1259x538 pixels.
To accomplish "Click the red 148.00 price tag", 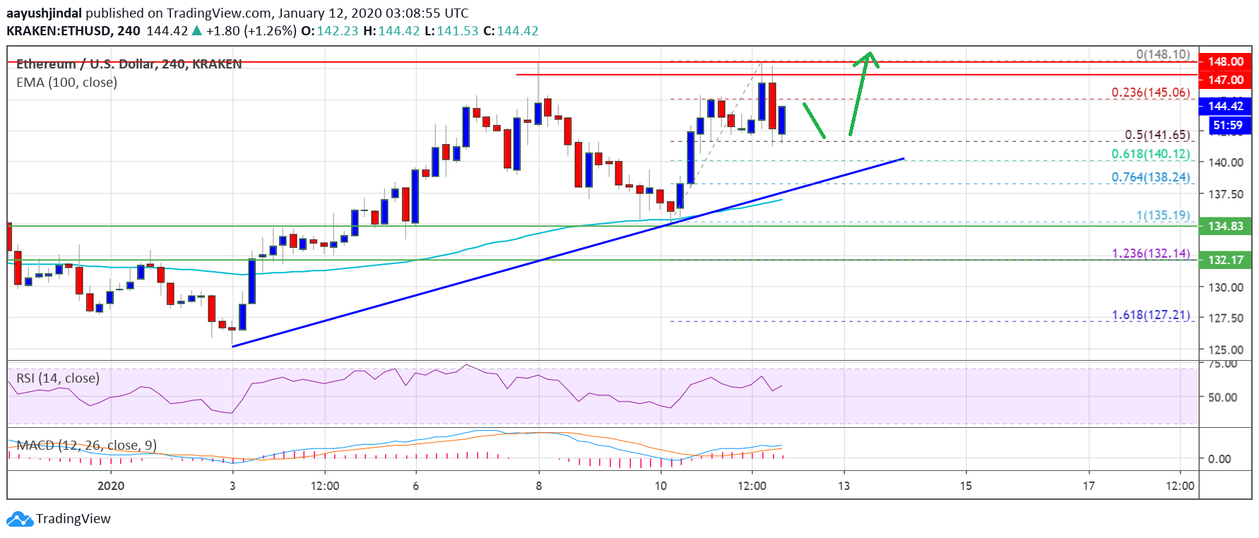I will [x=1225, y=61].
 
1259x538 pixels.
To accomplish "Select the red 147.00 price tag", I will [x=1225, y=80].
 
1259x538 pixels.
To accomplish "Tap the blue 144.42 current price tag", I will [x=1225, y=106].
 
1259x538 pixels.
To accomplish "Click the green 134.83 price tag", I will [x=1225, y=226].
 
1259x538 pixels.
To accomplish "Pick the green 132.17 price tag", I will [x=1225, y=260].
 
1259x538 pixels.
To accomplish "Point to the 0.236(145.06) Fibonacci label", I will [x=1150, y=92].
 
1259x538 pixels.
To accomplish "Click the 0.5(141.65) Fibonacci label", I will [x=1157, y=134].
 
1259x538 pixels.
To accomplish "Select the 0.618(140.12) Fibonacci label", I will [x=1150, y=154].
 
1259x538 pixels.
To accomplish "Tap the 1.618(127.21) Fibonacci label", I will [x=1150, y=315].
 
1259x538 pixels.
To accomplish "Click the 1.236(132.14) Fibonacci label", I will [x=1150, y=253].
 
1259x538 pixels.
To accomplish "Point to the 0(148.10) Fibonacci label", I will [x=1162, y=54].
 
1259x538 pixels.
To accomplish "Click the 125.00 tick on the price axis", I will [x=1225, y=349].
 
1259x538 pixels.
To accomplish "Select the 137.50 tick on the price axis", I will [x=1225, y=194].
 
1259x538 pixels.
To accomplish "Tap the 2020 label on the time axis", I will [x=111, y=486].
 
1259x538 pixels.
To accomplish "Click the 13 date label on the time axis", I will [x=844, y=486].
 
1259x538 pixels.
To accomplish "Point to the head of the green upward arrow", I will [x=870, y=55].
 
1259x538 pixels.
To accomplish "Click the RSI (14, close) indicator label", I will [x=58, y=378].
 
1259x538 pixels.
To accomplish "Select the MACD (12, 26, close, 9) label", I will [x=86, y=446].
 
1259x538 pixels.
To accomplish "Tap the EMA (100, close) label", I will [x=66, y=83].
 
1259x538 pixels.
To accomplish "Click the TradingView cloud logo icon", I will [x=20, y=519].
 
